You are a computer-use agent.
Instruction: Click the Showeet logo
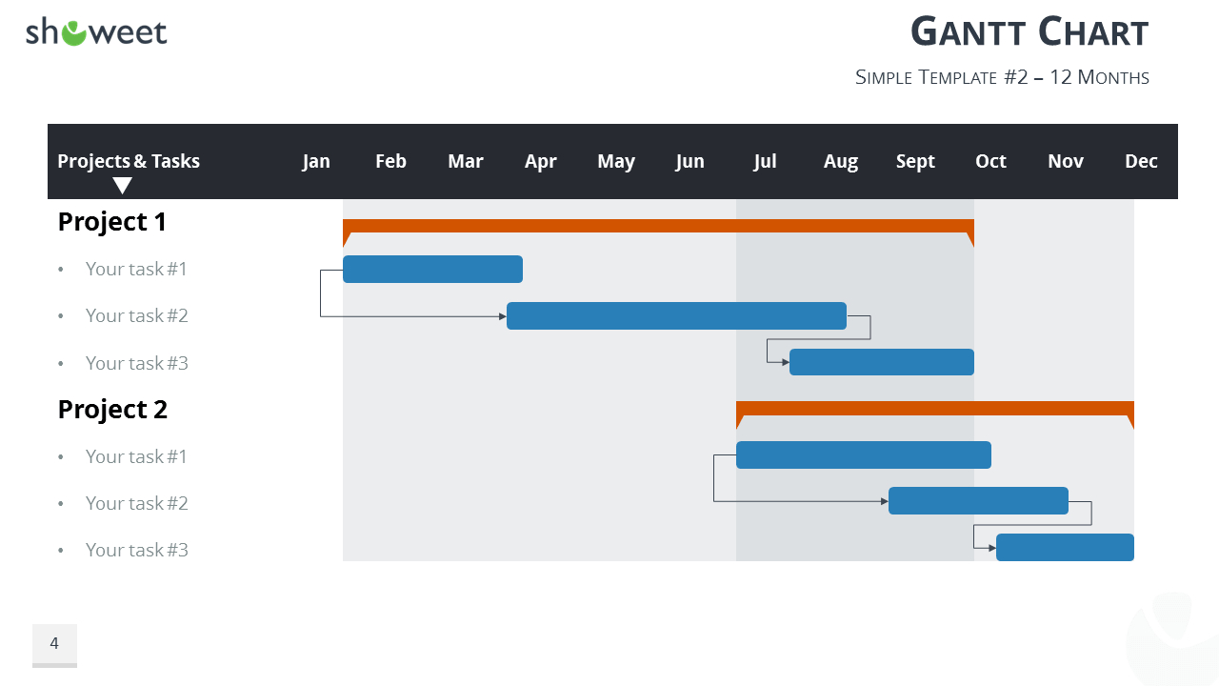(96, 32)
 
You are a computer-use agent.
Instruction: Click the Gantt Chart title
(1029, 32)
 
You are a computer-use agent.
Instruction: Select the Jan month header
(316, 161)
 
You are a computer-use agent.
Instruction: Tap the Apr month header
(540, 161)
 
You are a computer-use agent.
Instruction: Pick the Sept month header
(915, 161)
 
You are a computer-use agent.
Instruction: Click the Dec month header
(1141, 161)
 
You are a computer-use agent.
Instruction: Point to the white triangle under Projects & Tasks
(123, 185)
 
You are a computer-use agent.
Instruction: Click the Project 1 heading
(112, 222)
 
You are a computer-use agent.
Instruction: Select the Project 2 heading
(112, 410)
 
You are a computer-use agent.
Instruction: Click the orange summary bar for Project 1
(658, 226)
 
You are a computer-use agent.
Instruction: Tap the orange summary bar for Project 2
(934, 408)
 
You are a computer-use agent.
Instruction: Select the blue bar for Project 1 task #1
(432, 270)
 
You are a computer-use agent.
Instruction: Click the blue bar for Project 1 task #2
(676, 315)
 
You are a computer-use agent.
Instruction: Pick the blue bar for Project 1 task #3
(881, 362)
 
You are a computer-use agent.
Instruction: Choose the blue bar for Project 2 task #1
(863, 455)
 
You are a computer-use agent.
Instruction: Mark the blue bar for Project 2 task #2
(978, 501)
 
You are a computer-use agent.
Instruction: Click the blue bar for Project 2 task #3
(1065, 548)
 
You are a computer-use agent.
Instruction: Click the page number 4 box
(54, 644)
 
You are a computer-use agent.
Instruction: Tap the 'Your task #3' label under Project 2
(136, 550)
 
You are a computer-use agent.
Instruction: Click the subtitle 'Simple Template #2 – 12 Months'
(1002, 77)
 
